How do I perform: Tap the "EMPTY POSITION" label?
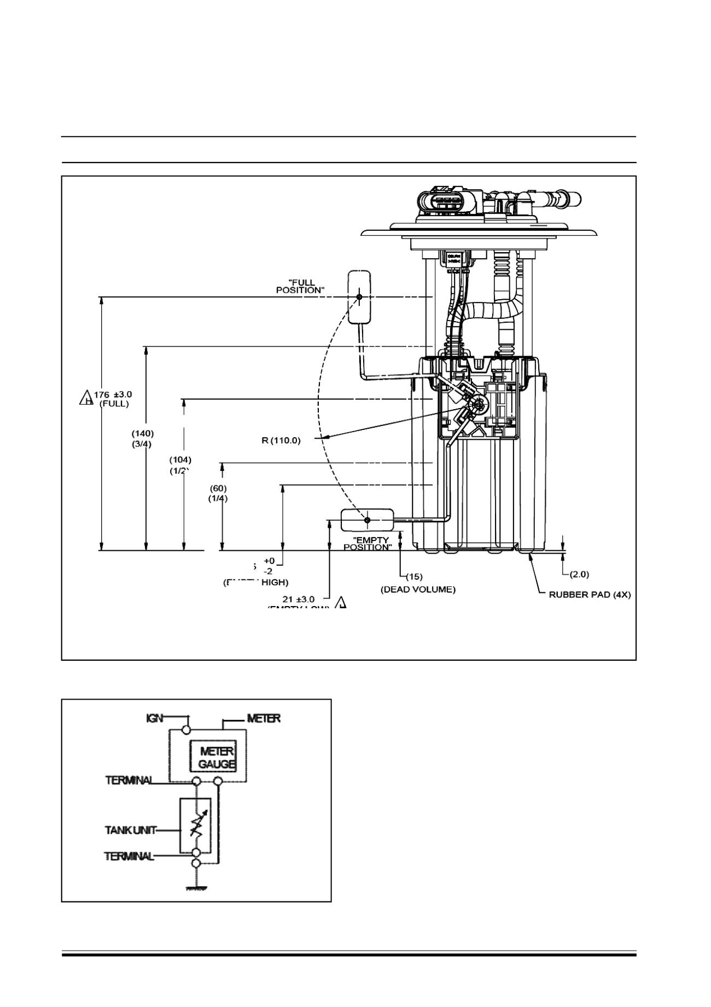[368, 543]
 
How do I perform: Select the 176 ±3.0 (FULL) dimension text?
[113, 399]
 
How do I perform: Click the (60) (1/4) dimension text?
[218, 493]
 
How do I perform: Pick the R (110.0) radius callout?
[281, 440]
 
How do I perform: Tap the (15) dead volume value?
[414, 576]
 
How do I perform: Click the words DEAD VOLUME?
[418, 590]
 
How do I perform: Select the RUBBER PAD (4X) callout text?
[590, 595]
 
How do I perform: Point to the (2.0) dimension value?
[579, 574]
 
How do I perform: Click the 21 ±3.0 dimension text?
[299, 599]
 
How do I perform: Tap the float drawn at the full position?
[359, 297]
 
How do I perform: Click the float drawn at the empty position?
[367, 520]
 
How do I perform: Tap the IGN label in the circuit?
[154, 718]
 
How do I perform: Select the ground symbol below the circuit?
[196, 889]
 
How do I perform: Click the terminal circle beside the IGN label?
[188, 729]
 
